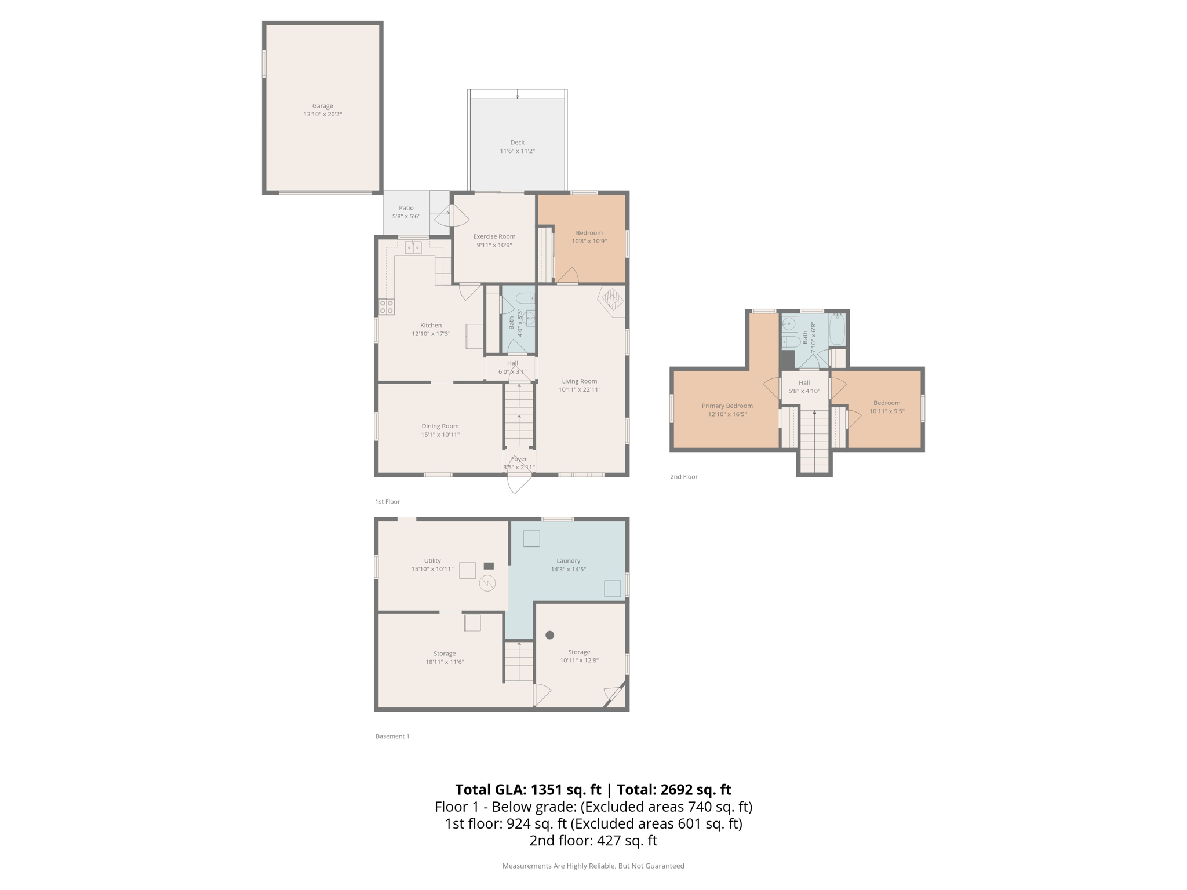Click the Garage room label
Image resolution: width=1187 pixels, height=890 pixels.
322,106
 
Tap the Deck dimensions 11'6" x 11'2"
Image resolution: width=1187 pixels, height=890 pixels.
517,151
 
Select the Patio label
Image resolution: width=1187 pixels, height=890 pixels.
406,208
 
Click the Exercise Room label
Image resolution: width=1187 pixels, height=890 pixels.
494,236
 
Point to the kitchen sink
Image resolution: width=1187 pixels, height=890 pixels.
413,248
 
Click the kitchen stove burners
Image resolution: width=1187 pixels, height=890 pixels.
387,307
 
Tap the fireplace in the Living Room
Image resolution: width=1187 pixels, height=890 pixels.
612,300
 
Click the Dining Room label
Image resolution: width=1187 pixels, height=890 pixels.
440,426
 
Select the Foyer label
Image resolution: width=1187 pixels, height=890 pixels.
519,459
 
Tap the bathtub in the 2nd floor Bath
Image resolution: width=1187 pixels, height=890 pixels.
836,330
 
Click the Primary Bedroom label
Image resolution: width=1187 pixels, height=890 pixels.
727,406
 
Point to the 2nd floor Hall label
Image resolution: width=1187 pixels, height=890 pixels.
804,382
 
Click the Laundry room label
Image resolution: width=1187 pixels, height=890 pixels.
568,560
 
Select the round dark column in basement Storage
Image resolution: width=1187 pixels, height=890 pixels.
549,635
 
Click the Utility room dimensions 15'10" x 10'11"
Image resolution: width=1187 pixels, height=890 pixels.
432,569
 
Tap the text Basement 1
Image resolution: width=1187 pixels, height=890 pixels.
392,736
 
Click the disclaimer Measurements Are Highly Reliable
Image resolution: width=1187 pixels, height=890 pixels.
593,866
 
